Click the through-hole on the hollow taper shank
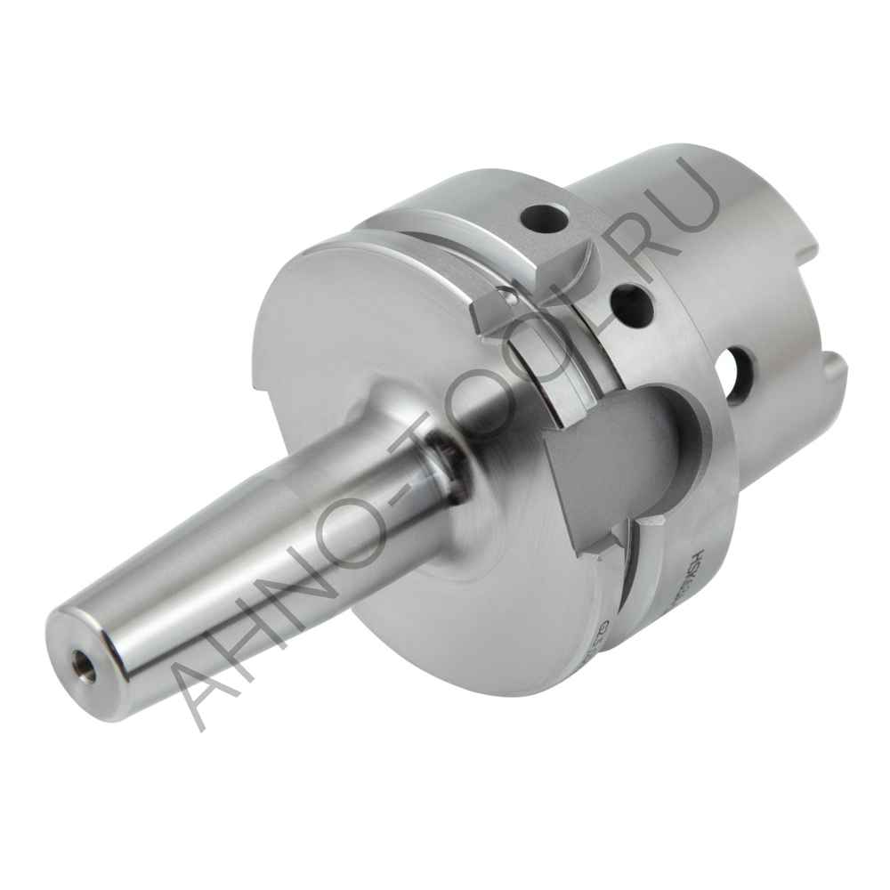[739, 376]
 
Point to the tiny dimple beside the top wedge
[511, 297]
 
